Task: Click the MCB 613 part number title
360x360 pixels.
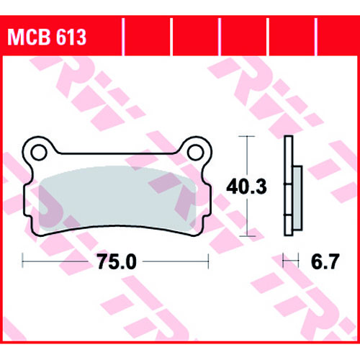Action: (x=47, y=37)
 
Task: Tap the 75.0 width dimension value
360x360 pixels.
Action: (x=117, y=261)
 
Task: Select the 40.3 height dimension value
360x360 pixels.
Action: (x=246, y=186)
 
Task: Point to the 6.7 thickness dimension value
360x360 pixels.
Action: (x=325, y=261)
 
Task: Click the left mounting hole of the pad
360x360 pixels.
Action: (x=39, y=153)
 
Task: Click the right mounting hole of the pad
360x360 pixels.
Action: (x=196, y=153)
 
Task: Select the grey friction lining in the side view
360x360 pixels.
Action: (x=297, y=198)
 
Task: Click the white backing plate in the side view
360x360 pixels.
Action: (x=288, y=186)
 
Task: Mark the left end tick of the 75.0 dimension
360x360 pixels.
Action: (x=22, y=261)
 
